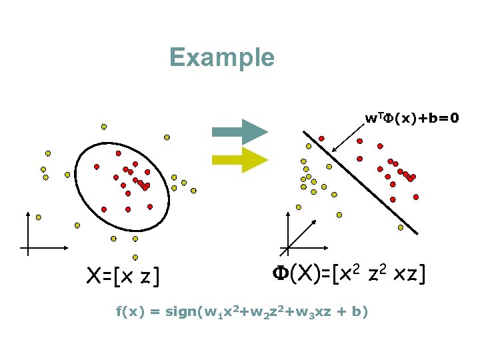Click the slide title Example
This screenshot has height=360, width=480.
(221, 57)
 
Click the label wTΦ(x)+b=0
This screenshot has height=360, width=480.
(411, 119)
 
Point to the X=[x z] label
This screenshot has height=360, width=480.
(123, 275)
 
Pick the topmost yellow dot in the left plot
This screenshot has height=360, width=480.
(103, 126)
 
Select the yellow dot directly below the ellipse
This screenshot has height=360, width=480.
(135, 257)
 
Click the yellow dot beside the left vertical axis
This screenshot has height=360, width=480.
(39, 217)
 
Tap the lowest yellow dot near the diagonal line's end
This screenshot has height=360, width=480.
(400, 227)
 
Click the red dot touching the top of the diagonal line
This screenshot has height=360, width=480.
(321, 139)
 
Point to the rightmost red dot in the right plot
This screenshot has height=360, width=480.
(416, 197)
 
